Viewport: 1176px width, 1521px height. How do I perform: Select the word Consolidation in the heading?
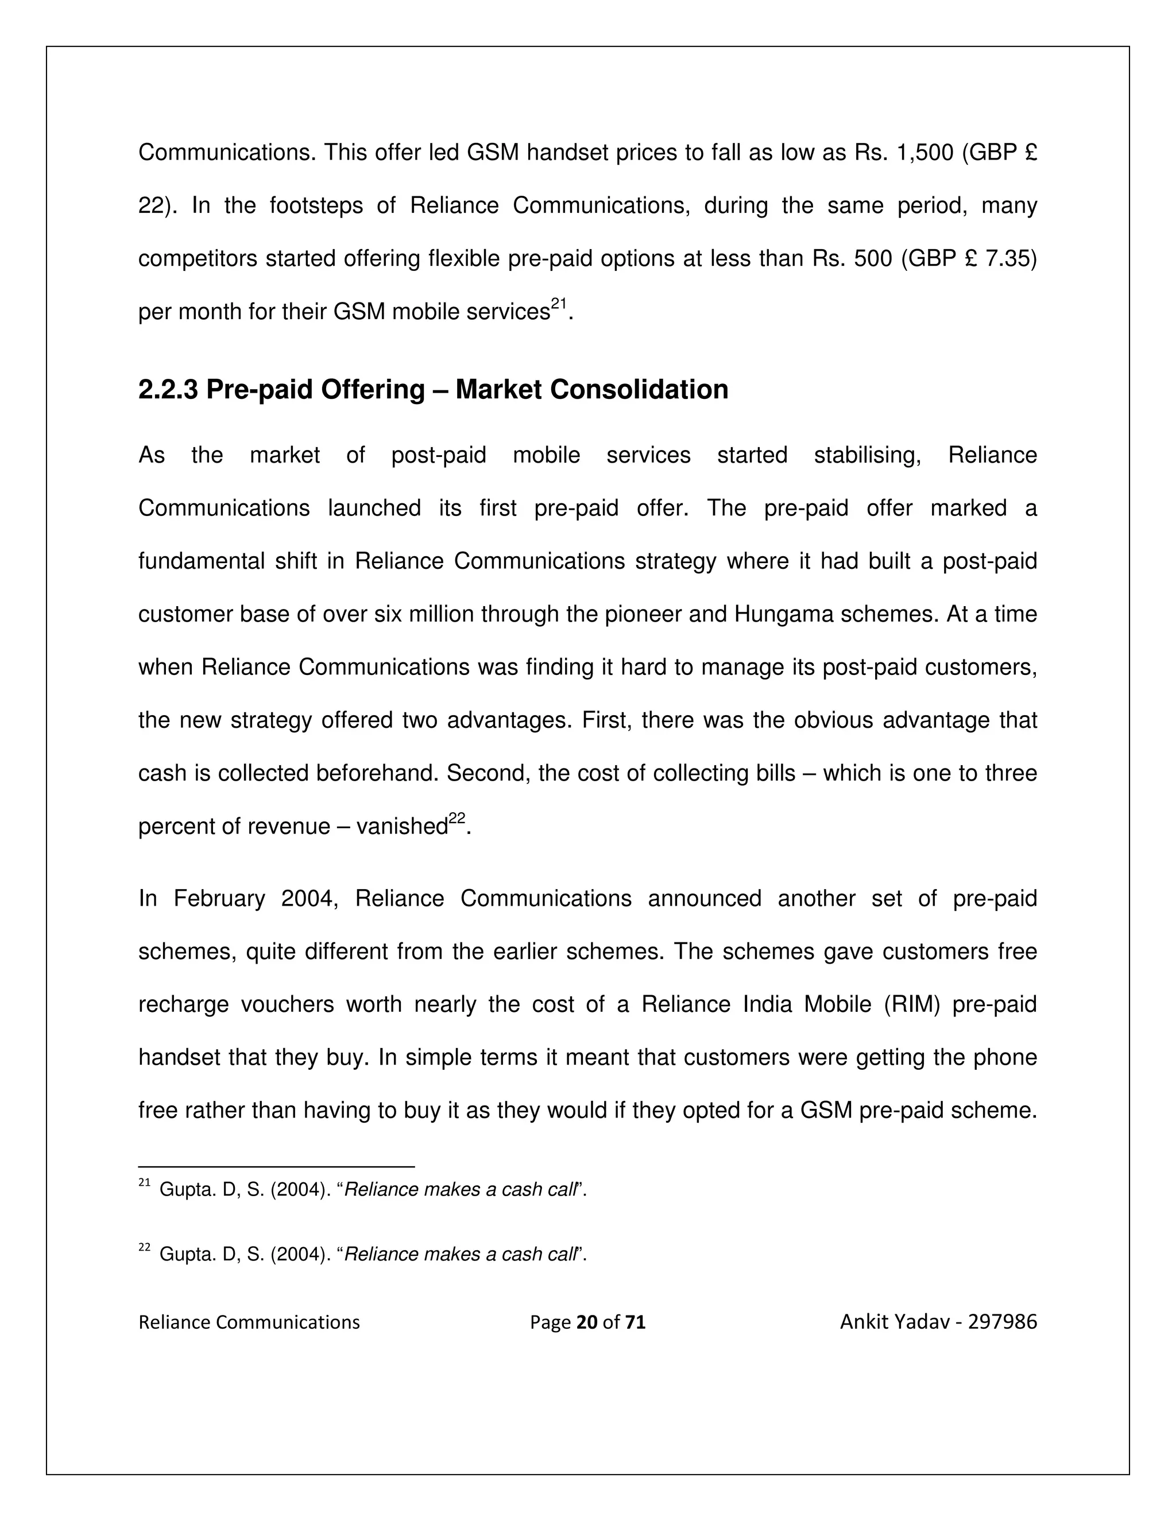click(x=640, y=390)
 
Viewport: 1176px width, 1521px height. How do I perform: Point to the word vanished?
click(x=401, y=827)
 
